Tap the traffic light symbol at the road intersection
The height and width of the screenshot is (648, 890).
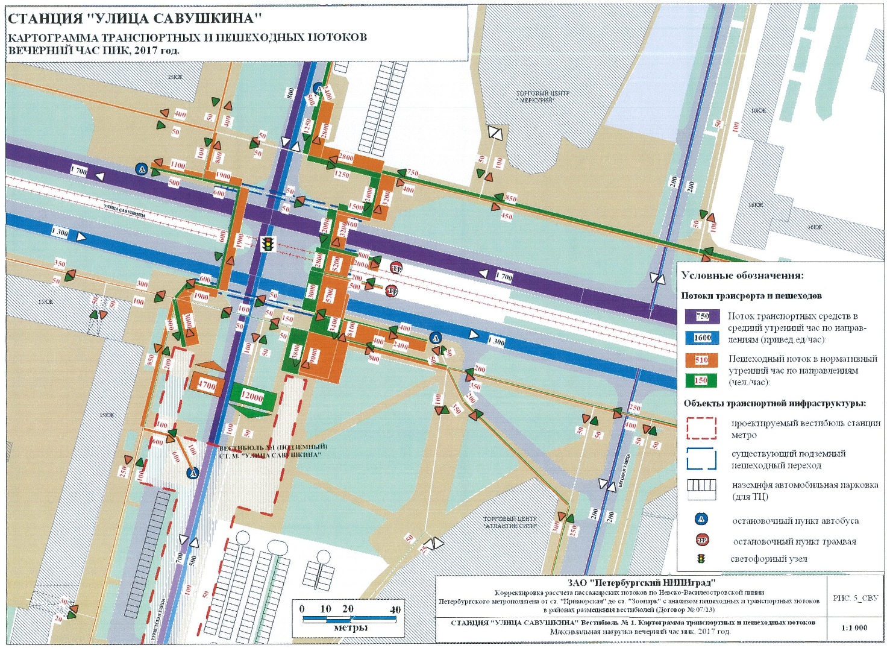point(267,244)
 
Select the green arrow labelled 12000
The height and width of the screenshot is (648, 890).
point(252,398)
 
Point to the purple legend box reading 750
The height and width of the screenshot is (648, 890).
point(702,316)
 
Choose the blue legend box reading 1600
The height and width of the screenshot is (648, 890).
point(702,338)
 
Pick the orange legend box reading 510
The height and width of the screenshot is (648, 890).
point(701,360)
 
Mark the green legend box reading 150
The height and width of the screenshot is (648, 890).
point(701,380)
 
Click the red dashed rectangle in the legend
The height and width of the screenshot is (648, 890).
point(701,429)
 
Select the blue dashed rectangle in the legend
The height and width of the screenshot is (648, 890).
point(701,459)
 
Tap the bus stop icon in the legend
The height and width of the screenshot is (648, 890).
point(701,520)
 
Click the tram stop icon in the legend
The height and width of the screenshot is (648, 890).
point(701,540)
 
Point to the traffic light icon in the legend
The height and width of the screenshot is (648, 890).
point(701,559)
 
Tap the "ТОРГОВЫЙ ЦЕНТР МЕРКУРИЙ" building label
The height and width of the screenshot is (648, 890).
point(542,97)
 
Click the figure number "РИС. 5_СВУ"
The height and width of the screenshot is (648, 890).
point(855,598)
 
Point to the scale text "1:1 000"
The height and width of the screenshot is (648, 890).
point(854,628)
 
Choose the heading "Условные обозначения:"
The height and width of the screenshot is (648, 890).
point(742,275)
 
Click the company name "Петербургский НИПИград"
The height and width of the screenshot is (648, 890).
point(641,582)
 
